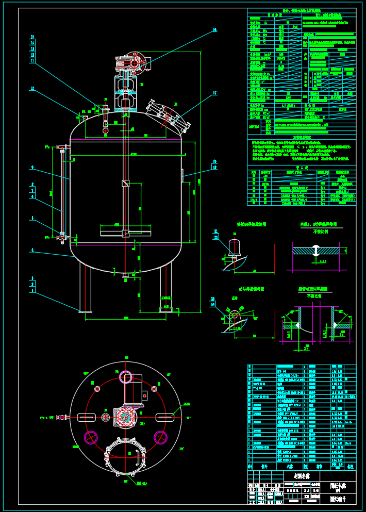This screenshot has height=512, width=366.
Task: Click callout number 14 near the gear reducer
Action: pos(215,30)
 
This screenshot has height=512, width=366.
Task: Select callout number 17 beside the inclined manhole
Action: pos(214,93)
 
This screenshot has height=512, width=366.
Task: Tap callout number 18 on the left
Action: pos(32,89)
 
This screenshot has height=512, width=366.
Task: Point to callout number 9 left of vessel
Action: pos(32,167)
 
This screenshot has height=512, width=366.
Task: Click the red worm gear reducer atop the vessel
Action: pos(135,63)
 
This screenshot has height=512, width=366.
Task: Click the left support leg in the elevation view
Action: pos(86,286)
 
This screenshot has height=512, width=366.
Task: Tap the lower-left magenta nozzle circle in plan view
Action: pos(91,437)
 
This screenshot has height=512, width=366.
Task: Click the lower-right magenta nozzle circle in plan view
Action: pos(161,437)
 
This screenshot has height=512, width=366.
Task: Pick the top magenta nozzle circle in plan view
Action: pos(126,377)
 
